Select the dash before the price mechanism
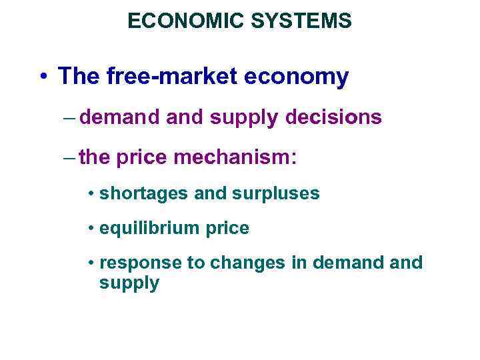pyautogui.click(x=72, y=159)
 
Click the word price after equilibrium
pyautogui.click(x=227, y=229)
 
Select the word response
pyautogui.click(x=141, y=263)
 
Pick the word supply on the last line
pyautogui.click(x=129, y=283)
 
